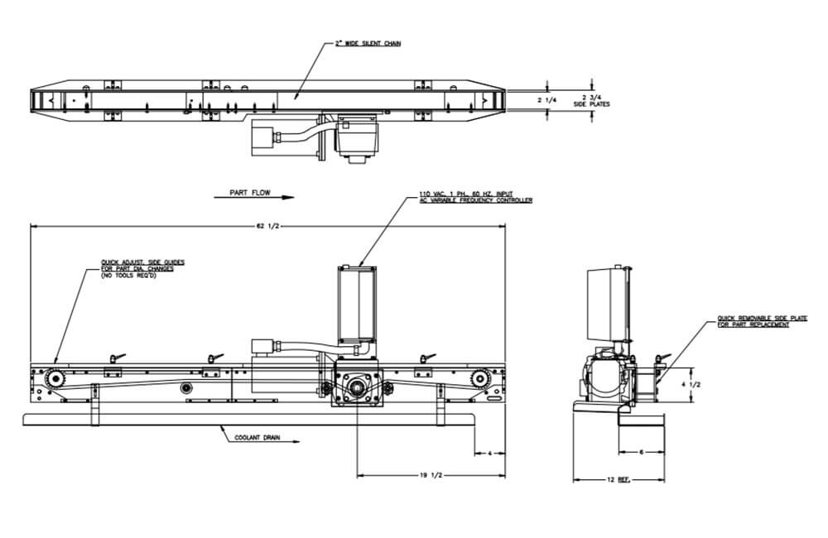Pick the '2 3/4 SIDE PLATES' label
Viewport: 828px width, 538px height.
[x=591, y=100]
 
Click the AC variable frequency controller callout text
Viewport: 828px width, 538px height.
[x=472, y=196]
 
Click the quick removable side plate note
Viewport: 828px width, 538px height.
[x=753, y=321]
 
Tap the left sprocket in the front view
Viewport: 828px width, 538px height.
[x=55, y=379]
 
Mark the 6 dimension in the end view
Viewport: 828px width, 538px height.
[x=642, y=453]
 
